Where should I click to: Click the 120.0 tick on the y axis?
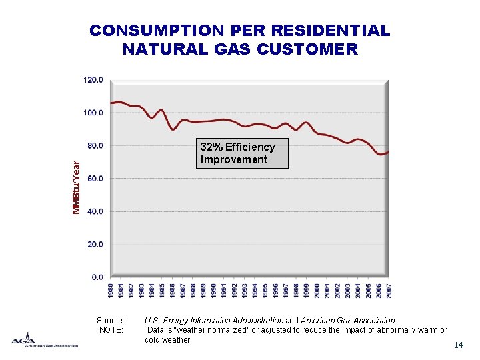pos(93,79)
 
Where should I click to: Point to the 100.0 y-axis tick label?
pos(93,113)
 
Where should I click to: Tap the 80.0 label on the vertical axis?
pos(95,145)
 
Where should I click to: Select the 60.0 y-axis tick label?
pos(95,179)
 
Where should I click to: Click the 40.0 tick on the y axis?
pos(95,211)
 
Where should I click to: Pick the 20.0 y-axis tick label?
pos(95,245)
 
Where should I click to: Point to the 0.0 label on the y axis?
pos(97,277)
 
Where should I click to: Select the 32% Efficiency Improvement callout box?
pos(243,153)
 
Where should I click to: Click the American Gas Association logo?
pos(44,339)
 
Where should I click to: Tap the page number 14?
pos(458,345)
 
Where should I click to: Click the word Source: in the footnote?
pos(111,321)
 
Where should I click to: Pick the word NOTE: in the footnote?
pos(111,330)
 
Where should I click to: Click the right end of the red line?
pos(389,152)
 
